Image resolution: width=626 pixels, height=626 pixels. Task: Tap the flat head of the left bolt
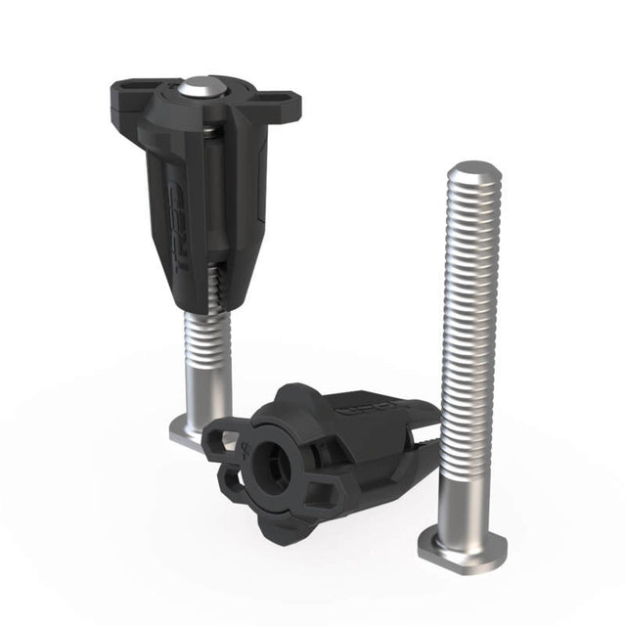click(191, 432)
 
